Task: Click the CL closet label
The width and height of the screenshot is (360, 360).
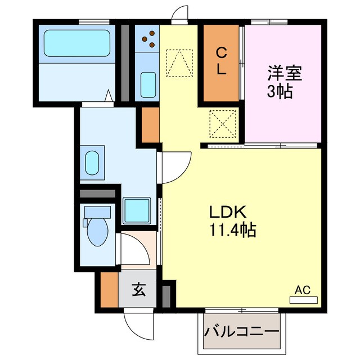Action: tap(222, 62)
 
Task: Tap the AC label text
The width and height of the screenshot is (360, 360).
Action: tap(303, 290)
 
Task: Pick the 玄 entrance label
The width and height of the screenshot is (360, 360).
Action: tap(137, 291)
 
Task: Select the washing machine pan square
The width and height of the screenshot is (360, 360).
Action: tap(137, 210)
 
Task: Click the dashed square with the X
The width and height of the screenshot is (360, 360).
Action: tap(221, 123)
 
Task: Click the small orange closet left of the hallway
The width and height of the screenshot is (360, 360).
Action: tap(150, 124)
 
